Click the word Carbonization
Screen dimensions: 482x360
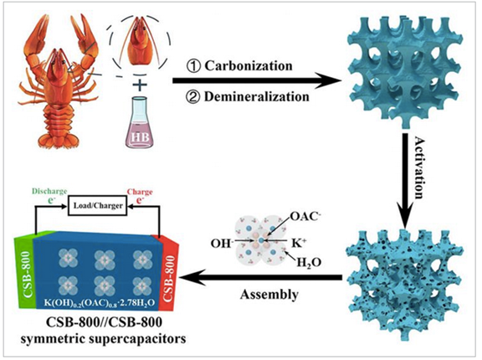249,66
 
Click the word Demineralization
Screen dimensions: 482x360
257,97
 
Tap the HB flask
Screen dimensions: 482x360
140,123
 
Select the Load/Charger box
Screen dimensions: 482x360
98,206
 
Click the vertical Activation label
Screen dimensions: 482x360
418,167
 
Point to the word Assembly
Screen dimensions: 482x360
269,294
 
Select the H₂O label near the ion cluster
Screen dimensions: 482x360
309,263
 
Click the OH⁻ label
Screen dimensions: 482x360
221,244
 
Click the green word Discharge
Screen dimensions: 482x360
49,191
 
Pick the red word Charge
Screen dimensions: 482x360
140,192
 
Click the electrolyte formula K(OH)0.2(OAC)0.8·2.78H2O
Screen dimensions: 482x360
99,303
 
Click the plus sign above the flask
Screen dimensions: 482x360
140,85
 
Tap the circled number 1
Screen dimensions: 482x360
193,66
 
